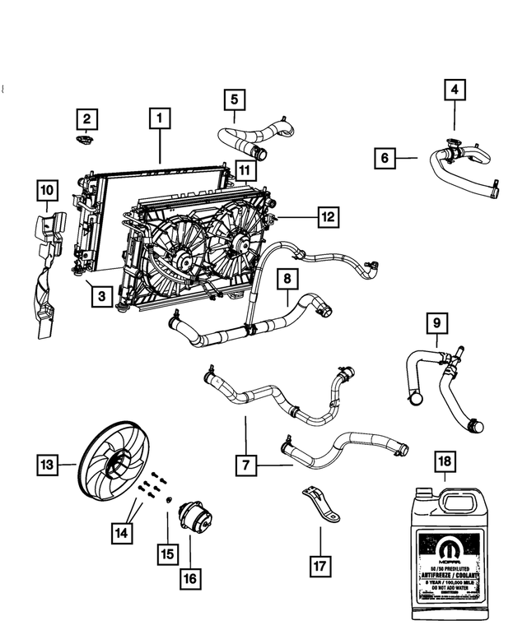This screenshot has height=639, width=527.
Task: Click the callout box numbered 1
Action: tap(160, 119)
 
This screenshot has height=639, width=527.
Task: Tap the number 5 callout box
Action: tap(235, 100)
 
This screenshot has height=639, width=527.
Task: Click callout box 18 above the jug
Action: tap(445, 463)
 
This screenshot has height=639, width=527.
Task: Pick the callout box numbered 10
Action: tap(48, 192)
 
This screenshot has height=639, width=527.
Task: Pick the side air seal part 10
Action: tap(48, 271)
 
